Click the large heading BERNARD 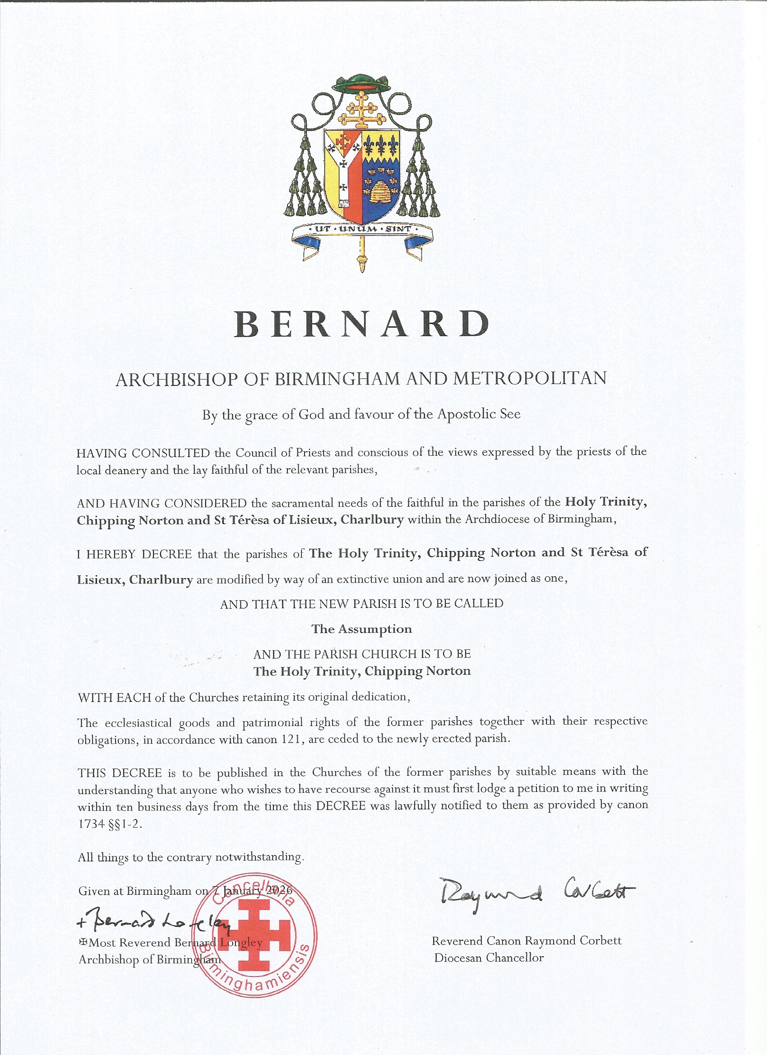[x=361, y=324]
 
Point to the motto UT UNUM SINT [x=361, y=229]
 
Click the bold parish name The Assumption [x=361, y=629]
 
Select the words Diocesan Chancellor [x=489, y=958]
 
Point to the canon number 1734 [x=91, y=824]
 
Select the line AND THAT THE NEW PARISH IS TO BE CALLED [x=361, y=604]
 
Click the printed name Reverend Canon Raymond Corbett [x=527, y=940]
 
